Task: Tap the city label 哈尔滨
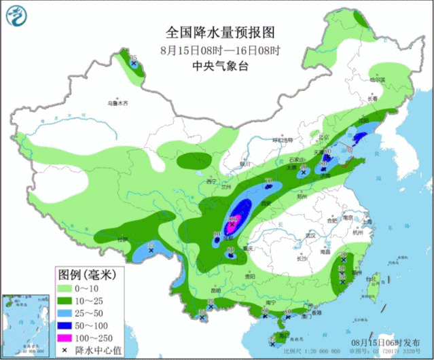378,80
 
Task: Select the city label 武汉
312,235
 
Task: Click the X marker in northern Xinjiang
134,64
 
